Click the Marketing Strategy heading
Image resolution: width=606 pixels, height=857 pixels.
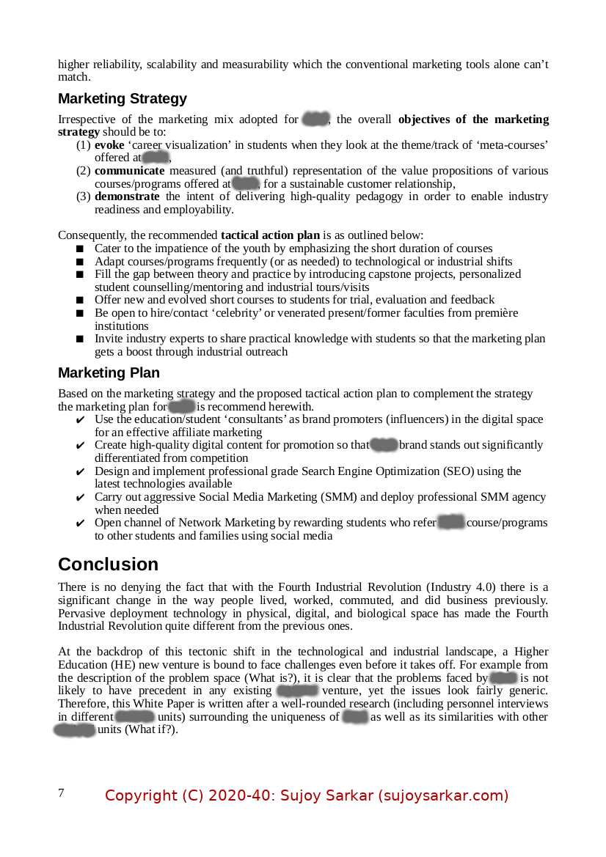coord(123,99)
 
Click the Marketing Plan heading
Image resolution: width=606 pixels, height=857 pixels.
coord(109,373)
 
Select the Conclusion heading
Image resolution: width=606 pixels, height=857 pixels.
coord(108,564)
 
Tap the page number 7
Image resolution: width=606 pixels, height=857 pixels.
coord(61,792)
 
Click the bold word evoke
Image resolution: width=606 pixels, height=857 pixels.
coord(109,145)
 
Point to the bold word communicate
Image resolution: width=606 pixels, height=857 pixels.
coord(129,171)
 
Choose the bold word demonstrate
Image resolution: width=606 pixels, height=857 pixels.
coord(127,196)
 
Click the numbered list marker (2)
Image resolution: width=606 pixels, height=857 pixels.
coord(84,171)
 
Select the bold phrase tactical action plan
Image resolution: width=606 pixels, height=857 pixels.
coord(270,235)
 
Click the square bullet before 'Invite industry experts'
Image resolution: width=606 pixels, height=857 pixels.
coord(80,339)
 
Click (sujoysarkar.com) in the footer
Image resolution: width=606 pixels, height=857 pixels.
coord(443,795)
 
